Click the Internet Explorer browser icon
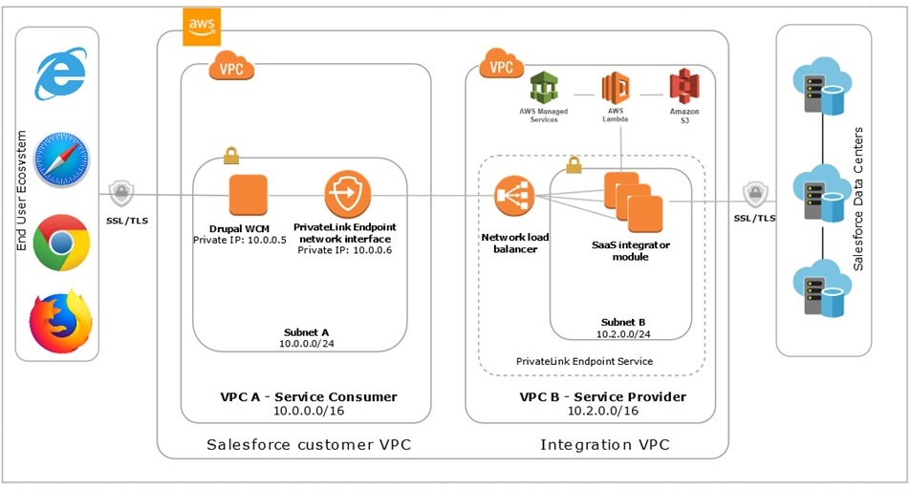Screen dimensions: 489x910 61,76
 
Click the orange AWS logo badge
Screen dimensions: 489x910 201,28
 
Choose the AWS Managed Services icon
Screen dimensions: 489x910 543,89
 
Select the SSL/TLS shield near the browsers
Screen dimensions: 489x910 121,194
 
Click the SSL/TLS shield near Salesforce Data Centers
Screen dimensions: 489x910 755,196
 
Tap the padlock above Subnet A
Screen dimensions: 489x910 230,155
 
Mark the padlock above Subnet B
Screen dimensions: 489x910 574,165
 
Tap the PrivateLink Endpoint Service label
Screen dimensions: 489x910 584,361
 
